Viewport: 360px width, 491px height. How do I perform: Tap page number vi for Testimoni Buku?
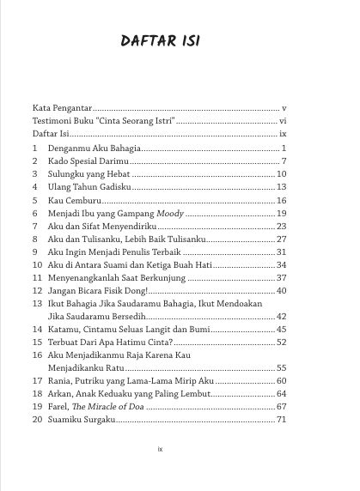(x=283, y=123)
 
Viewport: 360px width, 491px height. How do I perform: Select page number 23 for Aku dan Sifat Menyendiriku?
(x=281, y=226)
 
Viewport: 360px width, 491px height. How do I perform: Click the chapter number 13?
(x=37, y=303)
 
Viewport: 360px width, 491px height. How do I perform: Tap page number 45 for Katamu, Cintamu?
(x=281, y=329)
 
